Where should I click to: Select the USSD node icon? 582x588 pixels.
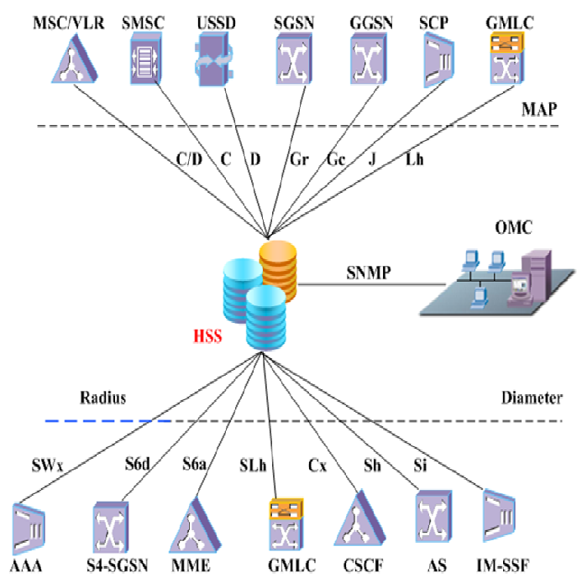point(212,57)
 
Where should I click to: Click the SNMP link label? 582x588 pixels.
point(369,272)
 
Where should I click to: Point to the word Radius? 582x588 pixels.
point(102,398)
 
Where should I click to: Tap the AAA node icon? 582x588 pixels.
point(30,527)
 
